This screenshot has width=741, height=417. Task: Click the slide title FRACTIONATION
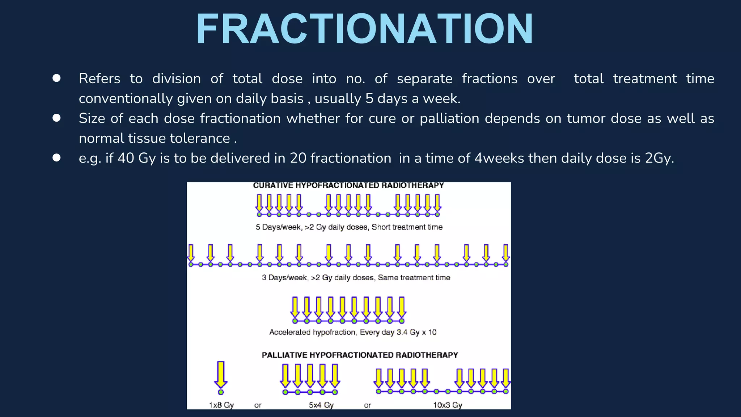point(365,29)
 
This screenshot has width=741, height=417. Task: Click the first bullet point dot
point(56,78)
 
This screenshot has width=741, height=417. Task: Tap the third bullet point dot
point(56,158)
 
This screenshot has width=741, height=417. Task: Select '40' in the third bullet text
point(126,158)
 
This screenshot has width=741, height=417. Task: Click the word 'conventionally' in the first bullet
point(126,99)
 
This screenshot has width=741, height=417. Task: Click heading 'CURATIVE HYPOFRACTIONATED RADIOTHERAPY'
point(348,185)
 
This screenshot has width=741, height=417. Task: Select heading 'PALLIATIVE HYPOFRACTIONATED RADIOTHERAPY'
point(360,355)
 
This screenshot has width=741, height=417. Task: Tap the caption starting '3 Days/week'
point(356,278)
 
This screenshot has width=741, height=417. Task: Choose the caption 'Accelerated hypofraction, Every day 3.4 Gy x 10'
point(353,332)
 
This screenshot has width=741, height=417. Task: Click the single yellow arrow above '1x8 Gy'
point(221,374)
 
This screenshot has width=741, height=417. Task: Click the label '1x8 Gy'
point(221,405)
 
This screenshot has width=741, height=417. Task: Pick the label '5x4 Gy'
point(321,405)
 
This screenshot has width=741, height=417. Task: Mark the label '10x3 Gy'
point(448,405)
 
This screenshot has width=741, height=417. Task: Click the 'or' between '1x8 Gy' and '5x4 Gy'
point(258,405)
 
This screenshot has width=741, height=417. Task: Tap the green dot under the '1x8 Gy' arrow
point(221,392)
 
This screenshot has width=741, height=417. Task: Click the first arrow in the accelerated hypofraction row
point(295,307)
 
